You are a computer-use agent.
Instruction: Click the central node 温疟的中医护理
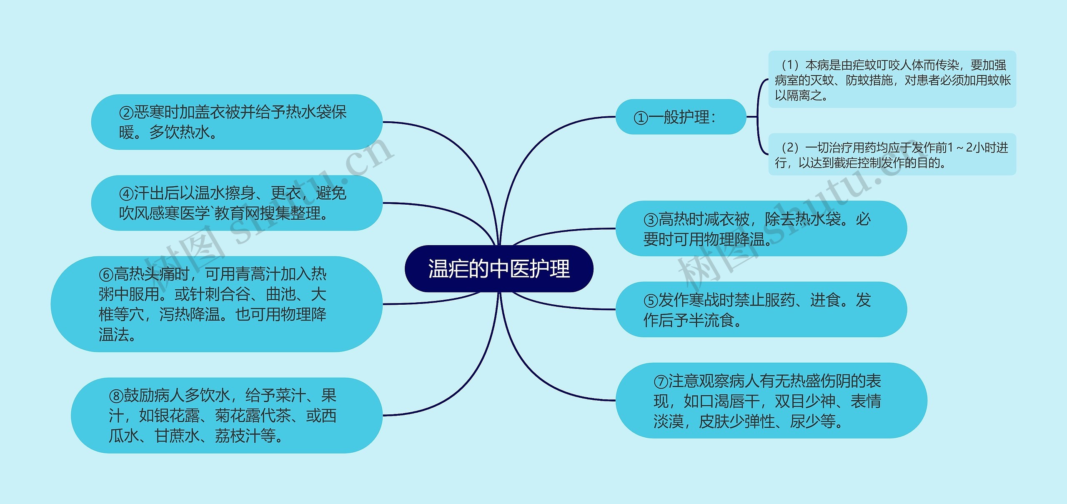coord(499,268)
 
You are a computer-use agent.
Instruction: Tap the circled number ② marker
coord(126,113)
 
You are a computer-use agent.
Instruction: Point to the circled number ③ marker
coord(651,220)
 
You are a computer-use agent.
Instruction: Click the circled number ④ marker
coord(126,193)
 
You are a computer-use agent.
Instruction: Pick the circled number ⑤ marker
coord(651,301)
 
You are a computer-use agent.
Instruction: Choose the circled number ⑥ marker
coord(106,274)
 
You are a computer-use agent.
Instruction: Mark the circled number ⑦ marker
coord(661,381)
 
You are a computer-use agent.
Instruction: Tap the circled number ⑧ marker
coord(116,396)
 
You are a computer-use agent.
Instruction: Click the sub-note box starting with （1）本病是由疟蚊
coord(892,80)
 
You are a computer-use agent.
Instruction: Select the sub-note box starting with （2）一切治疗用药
coord(892,155)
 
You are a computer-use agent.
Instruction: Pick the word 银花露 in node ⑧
coord(177,416)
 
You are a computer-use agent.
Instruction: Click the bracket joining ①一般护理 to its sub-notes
coord(758,117)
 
